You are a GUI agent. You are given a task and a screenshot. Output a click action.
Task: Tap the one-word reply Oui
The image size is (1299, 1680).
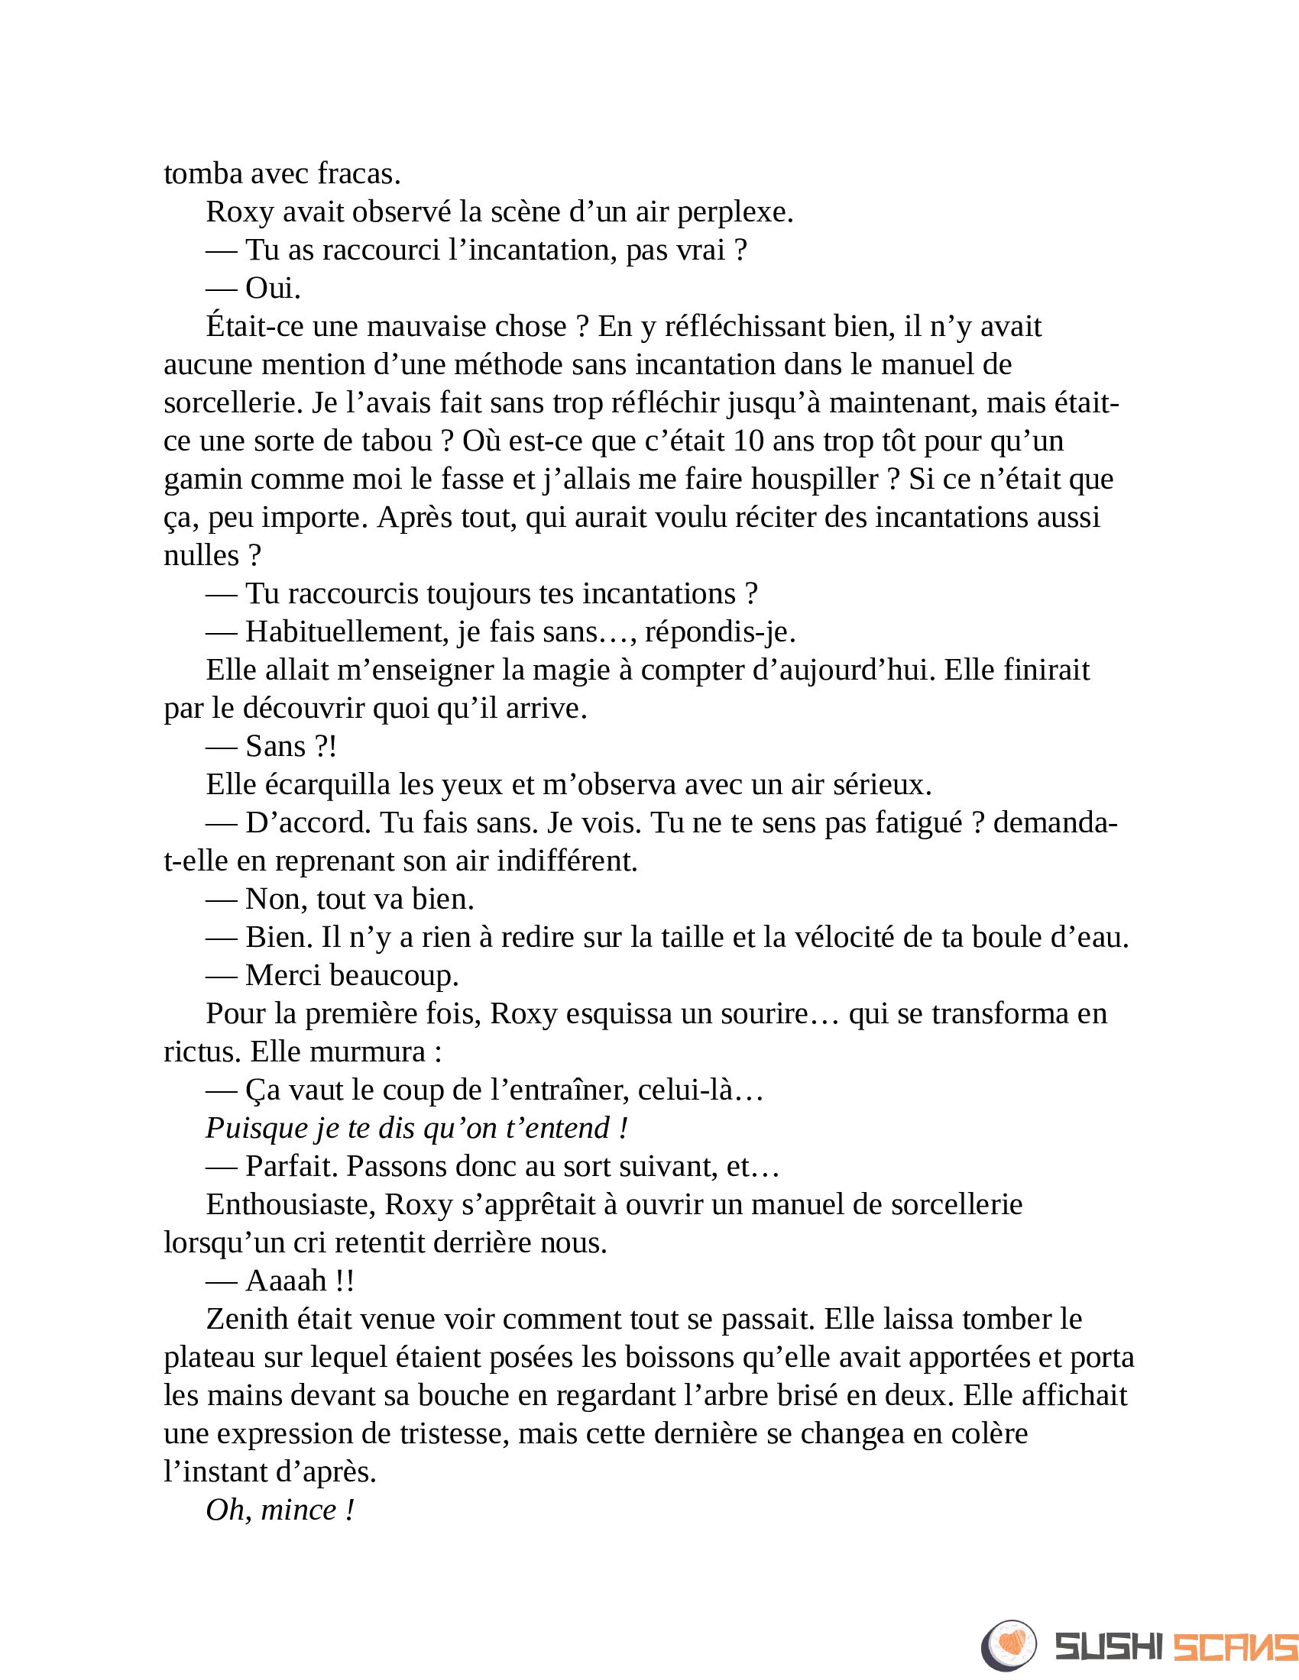(x=273, y=289)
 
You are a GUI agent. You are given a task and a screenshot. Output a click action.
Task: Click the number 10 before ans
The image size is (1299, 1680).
(x=748, y=441)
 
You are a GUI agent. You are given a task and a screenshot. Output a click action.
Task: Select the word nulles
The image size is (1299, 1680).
(x=202, y=555)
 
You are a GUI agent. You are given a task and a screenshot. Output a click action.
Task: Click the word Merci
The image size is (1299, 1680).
(x=283, y=976)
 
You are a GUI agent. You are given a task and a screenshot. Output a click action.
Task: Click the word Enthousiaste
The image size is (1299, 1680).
(x=290, y=1204)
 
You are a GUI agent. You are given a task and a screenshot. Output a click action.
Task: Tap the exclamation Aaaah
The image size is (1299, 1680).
(x=287, y=1281)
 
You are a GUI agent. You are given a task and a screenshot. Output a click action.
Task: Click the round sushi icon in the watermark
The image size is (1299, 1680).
(x=1009, y=1646)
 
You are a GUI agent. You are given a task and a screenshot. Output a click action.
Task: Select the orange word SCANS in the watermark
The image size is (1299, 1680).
(x=1234, y=1647)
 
